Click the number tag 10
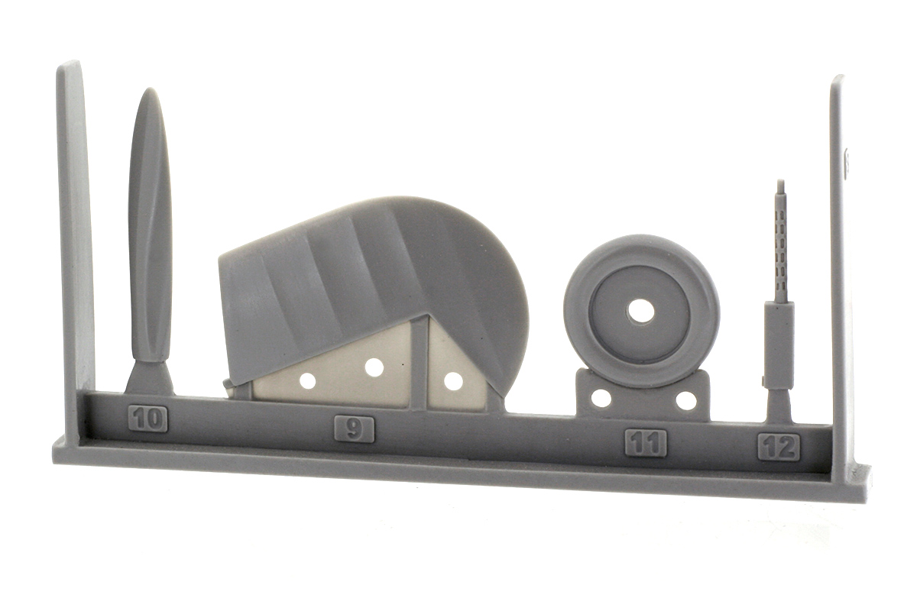(148, 419)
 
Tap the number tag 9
(354, 429)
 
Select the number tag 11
(646, 443)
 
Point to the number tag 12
(779, 447)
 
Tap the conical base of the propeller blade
(150, 377)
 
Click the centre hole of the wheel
(640, 309)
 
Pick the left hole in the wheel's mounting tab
(601, 398)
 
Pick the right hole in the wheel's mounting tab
(685, 400)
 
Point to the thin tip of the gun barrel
(779, 184)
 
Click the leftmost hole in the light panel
(308, 380)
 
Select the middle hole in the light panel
(374, 367)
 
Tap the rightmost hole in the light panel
(453, 380)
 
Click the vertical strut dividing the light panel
(418, 367)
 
